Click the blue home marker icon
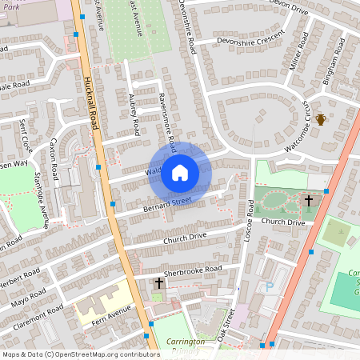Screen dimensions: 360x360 179,172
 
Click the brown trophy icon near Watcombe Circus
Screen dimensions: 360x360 321,119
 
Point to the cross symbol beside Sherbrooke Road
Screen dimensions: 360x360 158,283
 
